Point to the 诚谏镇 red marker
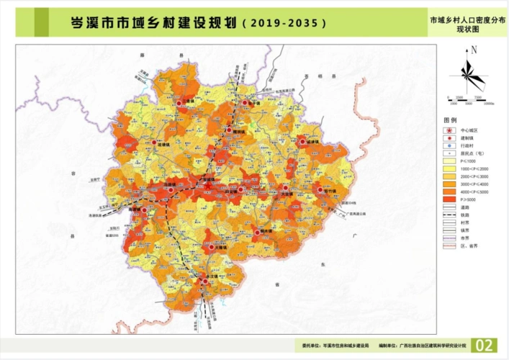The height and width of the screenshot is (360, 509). click(304, 143)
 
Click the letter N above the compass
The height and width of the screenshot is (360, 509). click(474, 50)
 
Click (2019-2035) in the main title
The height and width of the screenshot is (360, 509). click(284, 23)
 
